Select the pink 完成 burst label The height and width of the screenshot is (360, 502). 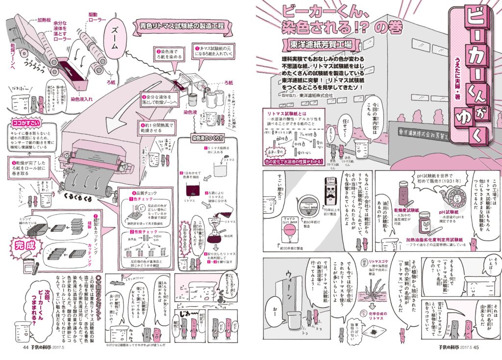(23, 243)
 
